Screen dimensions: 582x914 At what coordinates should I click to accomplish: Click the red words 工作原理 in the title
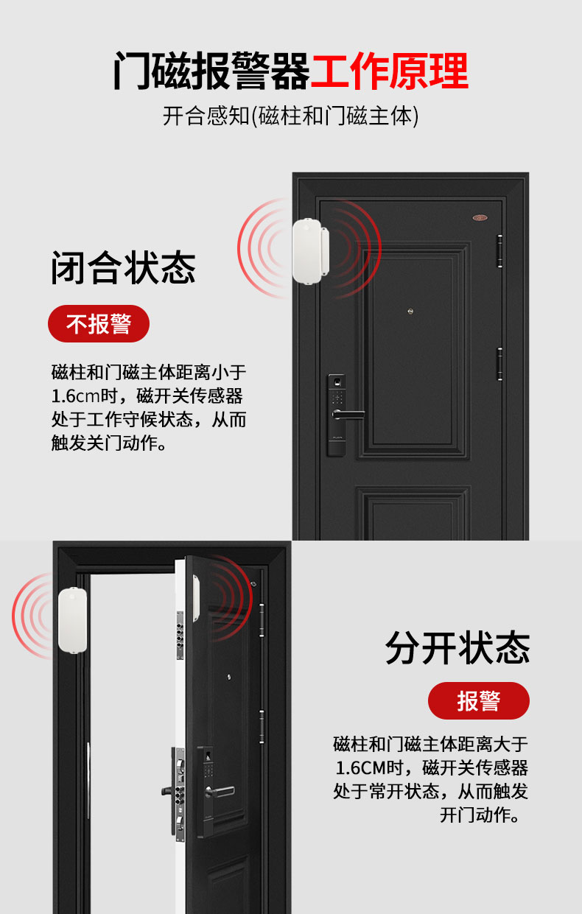pyautogui.click(x=390, y=71)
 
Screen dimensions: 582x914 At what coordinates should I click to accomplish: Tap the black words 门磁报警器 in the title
pyautogui.click(x=211, y=71)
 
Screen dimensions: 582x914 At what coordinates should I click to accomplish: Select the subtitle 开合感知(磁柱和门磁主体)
pyautogui.click(x=290, y=116)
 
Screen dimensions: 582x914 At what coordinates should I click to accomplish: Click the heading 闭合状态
pyautogui.click(x=123, y=267)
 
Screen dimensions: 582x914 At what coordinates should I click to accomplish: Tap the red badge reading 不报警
pyautogui.click(x=99, y=323)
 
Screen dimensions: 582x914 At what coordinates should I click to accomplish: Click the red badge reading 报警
pyautogui.click(x=479, y=700)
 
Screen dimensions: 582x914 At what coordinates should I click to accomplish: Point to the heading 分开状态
pyautogui.click(x=457, y=647)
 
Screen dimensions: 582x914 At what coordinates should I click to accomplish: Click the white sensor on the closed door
pyautogui.click(x=311, y=251)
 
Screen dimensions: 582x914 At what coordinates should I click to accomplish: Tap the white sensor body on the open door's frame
pyautogui.click(x=73, y=620)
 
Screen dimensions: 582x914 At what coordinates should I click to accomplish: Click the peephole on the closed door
pyautogui.click(x=410, y=312)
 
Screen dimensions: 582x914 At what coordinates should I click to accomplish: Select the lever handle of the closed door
pyautogui.click(x=348, y=415)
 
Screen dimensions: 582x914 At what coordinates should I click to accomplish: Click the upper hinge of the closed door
pyautogui.click(x=499, y=251)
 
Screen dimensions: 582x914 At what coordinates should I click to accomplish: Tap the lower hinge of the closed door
pyautogui.click(x=499, y=364)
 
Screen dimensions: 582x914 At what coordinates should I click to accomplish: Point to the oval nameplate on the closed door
pyautogui.click(x=480, y=217)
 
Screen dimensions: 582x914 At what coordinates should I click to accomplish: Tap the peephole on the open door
pyautogui.click(x=229, y=678)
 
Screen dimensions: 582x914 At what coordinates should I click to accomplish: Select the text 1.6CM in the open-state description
pyautogui.click(x=361, y=768)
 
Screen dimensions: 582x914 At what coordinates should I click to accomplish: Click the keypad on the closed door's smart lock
pyautogui.click(x=337, y=398)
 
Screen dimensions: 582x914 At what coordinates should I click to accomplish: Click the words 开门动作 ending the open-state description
pyautogui.click(x=475, y=815)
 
